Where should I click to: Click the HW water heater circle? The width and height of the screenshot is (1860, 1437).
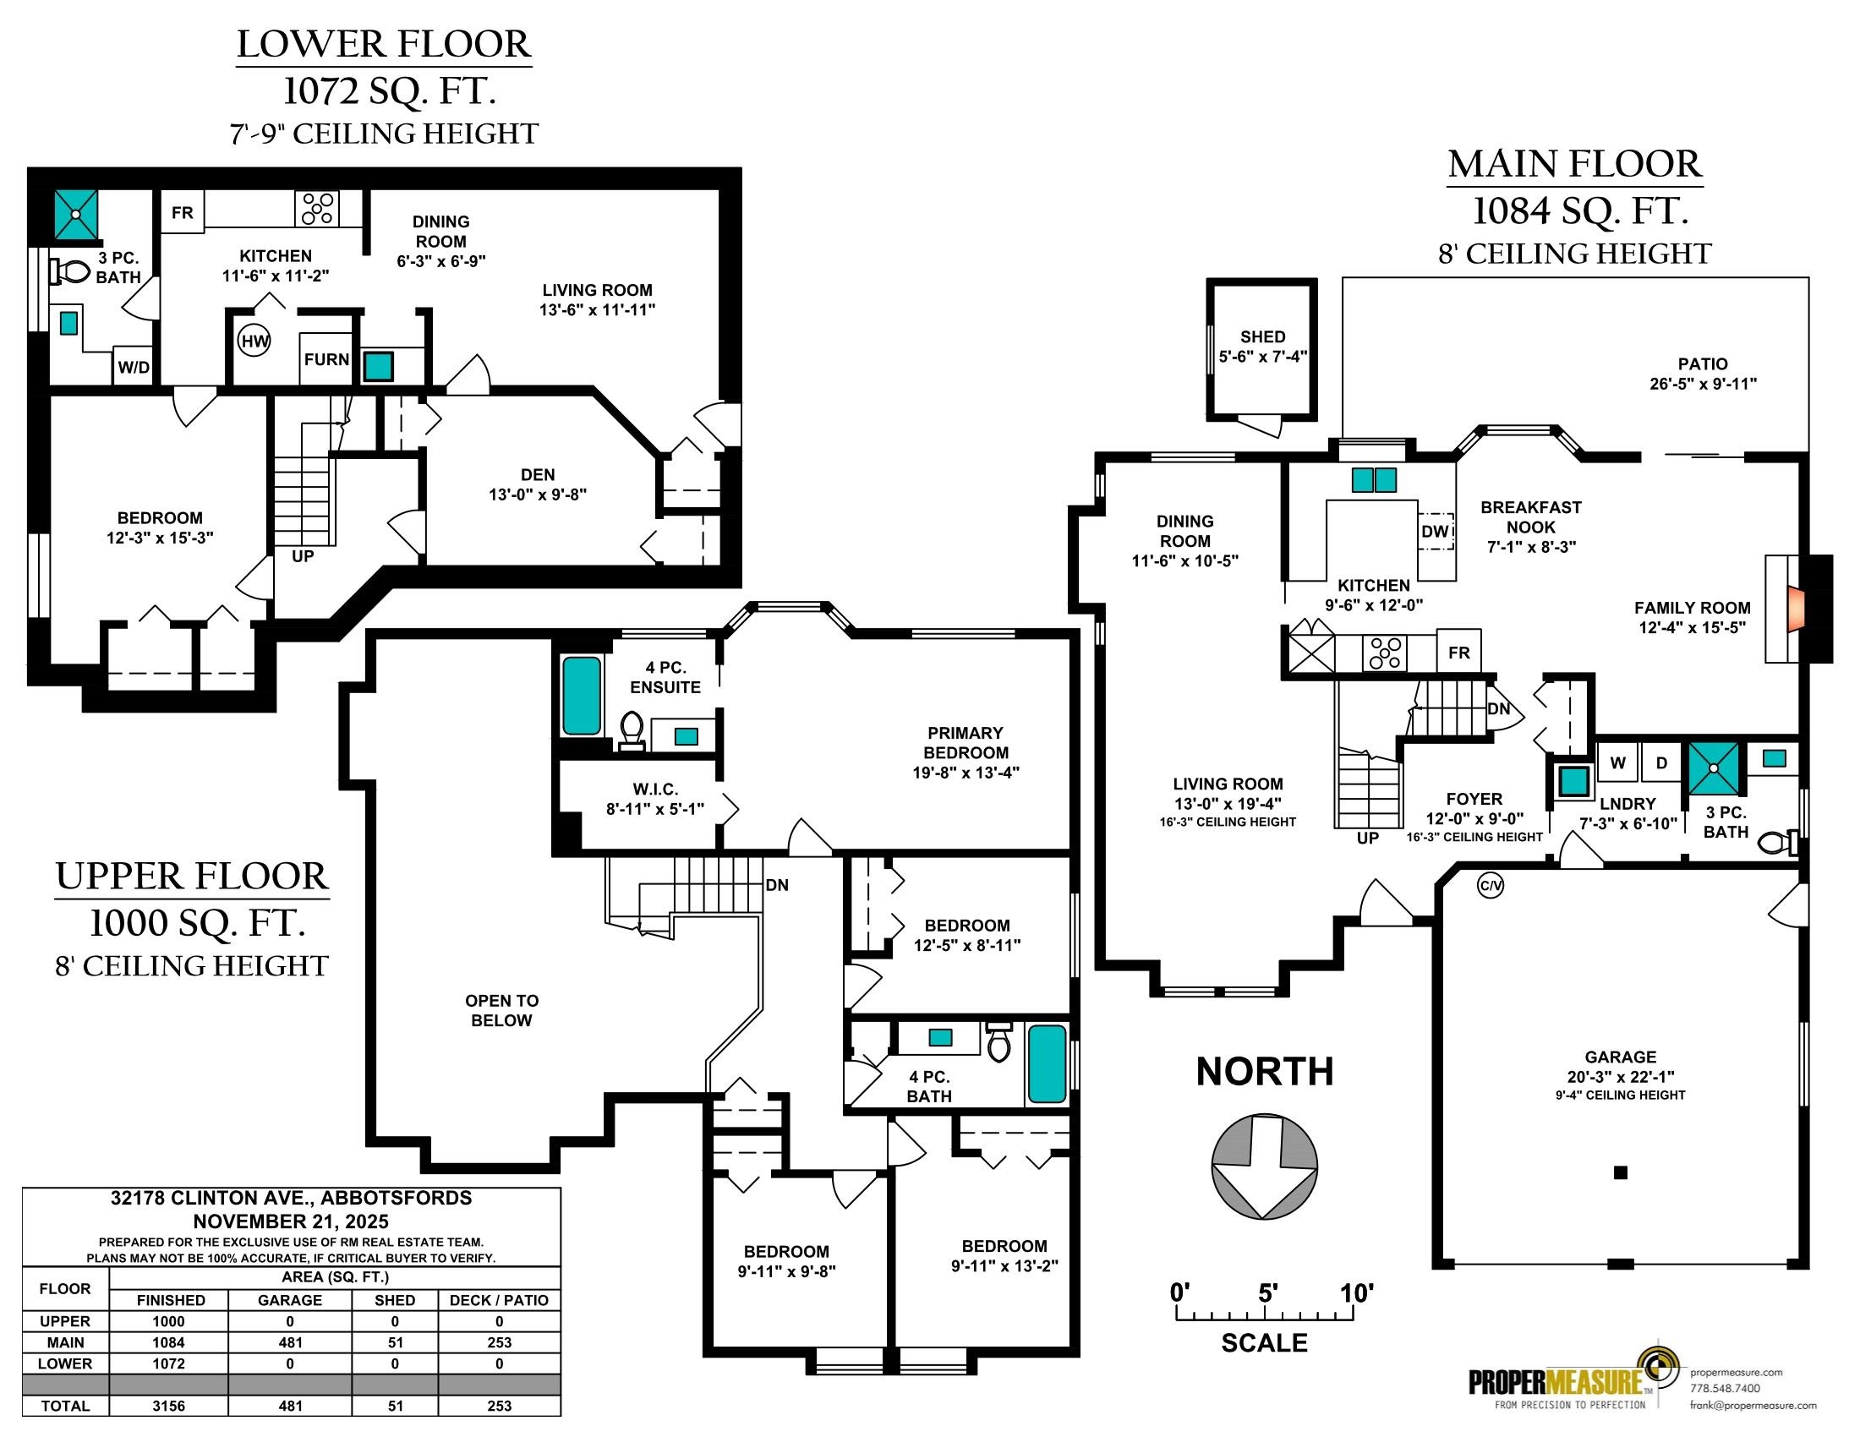(254, 341)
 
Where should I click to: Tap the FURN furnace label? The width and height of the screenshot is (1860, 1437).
(327, 359)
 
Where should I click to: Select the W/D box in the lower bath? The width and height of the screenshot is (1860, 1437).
(134, 367)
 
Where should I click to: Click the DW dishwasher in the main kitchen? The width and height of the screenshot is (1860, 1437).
(1435, 531)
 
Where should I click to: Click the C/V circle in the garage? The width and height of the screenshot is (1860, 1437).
(1491, 886)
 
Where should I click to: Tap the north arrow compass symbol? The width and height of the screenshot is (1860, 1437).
(1264, 1166)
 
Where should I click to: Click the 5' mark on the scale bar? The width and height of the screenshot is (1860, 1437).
(1268, 1295)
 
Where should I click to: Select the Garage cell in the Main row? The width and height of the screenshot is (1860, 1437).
(290, 1342)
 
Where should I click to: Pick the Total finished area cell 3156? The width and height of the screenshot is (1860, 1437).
(168, 1406)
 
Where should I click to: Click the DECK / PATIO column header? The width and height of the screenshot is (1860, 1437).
(499, 1300)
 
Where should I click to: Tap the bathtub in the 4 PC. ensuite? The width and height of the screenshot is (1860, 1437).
(582, 697)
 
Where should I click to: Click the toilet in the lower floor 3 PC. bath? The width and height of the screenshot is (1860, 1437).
(71, 271)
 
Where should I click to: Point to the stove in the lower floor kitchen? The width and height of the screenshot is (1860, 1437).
(317, 208)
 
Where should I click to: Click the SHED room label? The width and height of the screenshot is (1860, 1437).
(1262, 337)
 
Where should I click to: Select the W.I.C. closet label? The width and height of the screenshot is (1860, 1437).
(655, 790)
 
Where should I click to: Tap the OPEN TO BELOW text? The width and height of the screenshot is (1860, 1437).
(501, 1010)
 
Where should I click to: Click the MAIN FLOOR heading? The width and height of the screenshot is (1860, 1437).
(1575, 164)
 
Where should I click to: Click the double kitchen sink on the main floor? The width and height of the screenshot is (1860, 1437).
(1375, 480)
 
